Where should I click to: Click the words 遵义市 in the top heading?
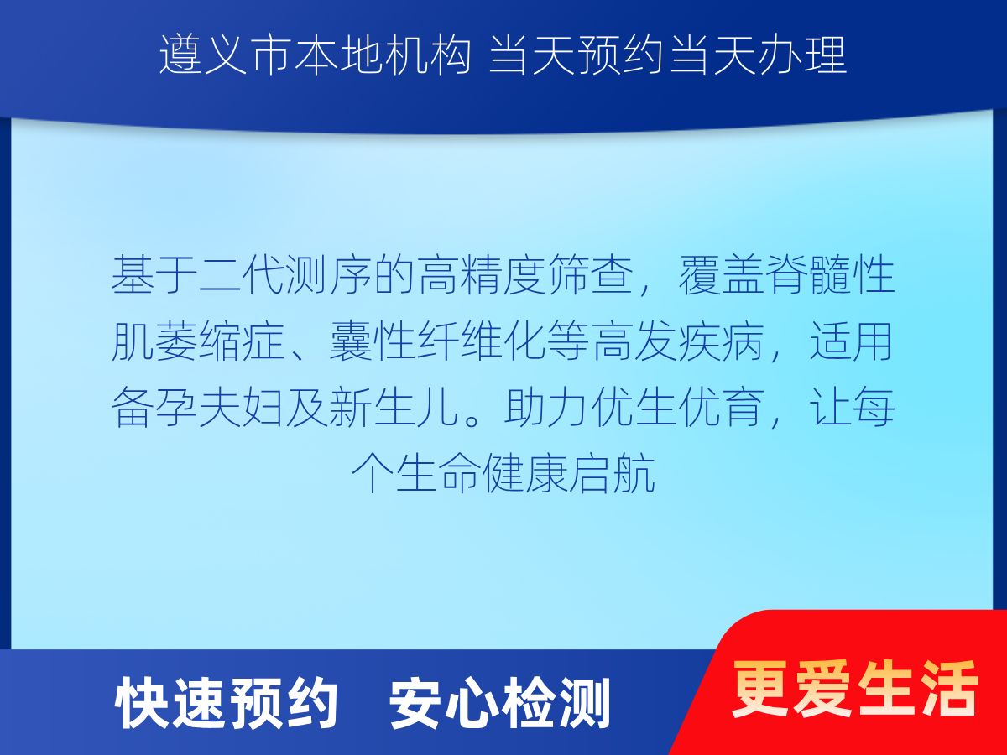(225, 56)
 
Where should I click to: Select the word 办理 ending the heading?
(803, 56)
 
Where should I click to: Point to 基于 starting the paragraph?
(154, 274)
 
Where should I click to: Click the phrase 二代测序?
(285, 274)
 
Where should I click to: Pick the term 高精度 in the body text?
(483, 274)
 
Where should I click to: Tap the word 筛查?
(591, 274)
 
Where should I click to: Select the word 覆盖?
(721, 274)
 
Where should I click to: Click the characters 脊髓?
(808, 274)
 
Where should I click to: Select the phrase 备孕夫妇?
(198, 408)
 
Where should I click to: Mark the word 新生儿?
(394, 408)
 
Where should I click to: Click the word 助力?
(546, 408)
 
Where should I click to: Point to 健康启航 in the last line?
(568, 473)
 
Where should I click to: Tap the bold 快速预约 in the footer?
(226, 703)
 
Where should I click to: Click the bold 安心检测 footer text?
(499, 703)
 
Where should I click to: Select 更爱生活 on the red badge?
(854, 690)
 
